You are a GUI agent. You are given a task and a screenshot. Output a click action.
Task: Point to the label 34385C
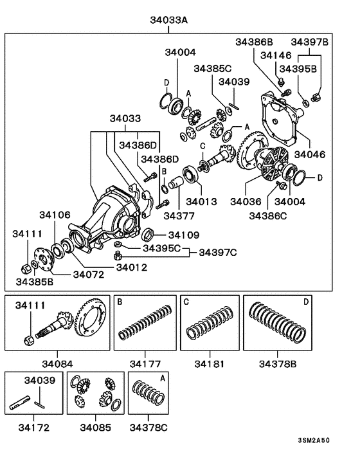pyautogui.click(x=213, y=68)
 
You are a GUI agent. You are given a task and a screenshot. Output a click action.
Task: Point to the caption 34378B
pyautogui.click(x=278, y=363)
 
